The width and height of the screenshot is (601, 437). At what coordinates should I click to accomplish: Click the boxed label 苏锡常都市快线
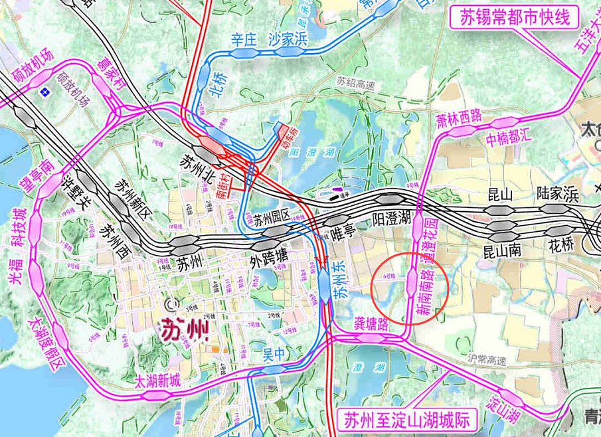pos(513,18)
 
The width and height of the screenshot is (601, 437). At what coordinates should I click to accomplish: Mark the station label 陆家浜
pos(558,194)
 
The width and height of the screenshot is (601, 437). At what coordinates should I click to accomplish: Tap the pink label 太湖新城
pos(157,382)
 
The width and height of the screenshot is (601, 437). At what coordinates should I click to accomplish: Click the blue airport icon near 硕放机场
pos(44,91)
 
